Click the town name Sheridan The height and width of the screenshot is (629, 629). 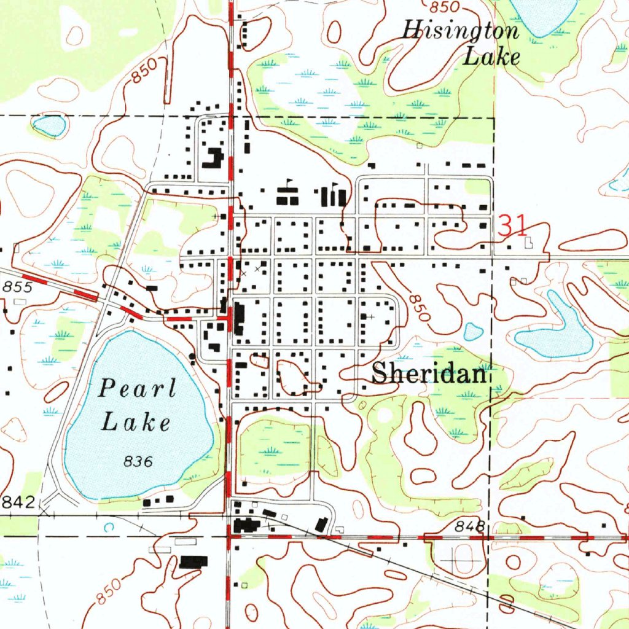(430, 373)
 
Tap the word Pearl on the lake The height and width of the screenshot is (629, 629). (138, 389)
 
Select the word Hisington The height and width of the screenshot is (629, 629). (460, 31)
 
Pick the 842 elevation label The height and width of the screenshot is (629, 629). (19, 502)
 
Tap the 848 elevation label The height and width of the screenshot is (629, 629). (471, 526)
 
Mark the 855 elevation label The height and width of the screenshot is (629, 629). (15, 287)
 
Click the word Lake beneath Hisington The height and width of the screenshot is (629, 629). (491, 58)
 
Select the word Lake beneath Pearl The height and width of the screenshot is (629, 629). (136, 423)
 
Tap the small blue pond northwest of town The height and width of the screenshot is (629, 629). (49, 126)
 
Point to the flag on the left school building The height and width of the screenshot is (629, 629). (289, 182)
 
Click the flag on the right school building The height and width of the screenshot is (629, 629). (334, 184)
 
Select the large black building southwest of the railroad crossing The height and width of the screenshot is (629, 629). (193, 561)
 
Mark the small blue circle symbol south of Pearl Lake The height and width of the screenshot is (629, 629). (109, 527)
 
